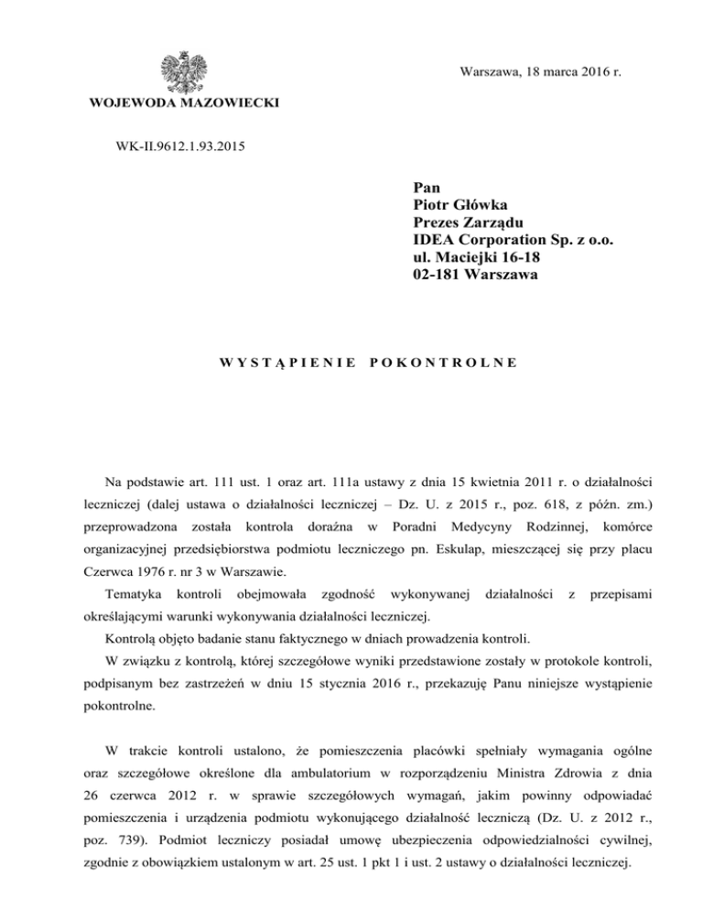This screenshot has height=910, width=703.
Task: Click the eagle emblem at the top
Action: (x=184, y=71)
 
